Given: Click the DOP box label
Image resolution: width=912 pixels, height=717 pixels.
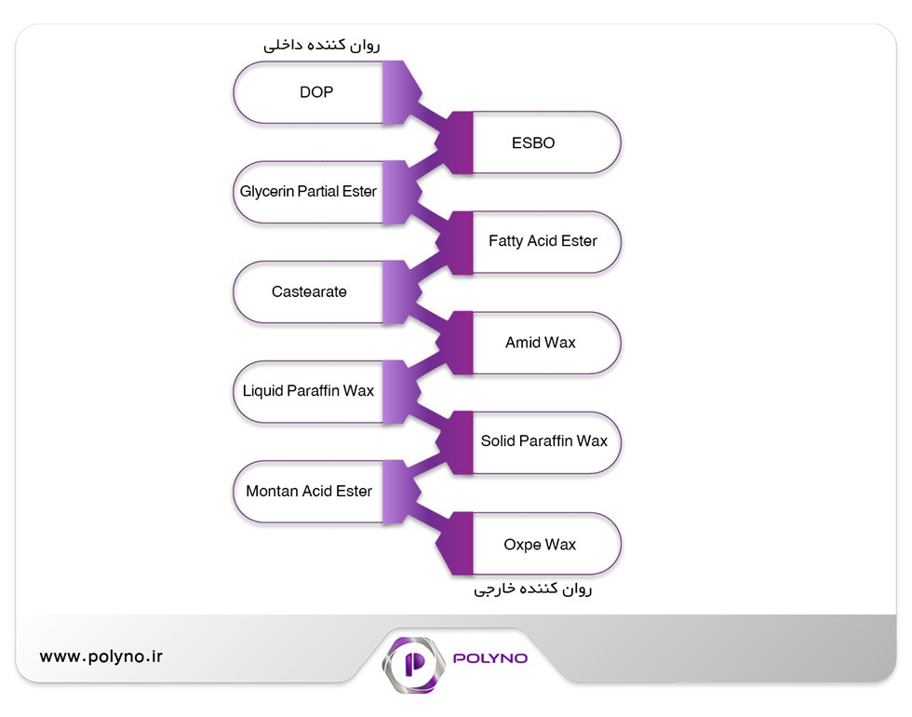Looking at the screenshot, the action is (x=316, y=92).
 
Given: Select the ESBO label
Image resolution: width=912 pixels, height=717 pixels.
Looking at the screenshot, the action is (x=533, y=142).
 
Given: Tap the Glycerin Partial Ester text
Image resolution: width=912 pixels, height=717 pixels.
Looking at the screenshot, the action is (x=308, y=192).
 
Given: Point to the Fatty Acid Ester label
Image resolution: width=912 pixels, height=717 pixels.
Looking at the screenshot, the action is (x=543, y=241).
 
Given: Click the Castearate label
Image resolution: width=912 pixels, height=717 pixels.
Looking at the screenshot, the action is (x=309, y=291).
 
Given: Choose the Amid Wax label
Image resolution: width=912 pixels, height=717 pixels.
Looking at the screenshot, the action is (x=541, y=343).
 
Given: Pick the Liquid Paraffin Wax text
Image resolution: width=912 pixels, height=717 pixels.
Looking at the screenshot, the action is (x=308, y=390).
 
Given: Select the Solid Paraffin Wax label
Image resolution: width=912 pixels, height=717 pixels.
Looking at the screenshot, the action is (x=543, y=440).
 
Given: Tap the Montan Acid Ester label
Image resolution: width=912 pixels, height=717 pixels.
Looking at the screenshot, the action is (x=309, y=492).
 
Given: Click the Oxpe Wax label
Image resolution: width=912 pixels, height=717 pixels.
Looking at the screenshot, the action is (x=540, y=545).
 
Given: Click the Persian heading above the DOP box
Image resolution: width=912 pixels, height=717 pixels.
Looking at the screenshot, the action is (x=322, y=45).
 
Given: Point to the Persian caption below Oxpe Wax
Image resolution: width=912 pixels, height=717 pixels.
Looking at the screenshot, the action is (x=532, y=588).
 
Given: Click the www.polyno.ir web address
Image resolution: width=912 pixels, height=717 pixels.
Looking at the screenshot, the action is (x=101, y=656).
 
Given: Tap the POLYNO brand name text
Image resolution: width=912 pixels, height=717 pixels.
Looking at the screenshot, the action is (x=490, y=658).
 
